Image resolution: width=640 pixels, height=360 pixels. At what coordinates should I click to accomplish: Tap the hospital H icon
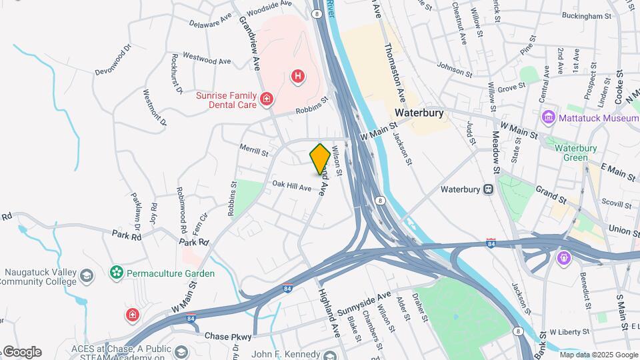tap(298, 77)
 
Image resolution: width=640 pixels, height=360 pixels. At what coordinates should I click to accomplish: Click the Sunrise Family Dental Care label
tap(225, 100)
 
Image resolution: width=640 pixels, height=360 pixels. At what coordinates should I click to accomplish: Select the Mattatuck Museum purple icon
tap(549, 118)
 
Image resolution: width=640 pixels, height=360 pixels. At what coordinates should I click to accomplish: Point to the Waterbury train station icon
tap(489, 189)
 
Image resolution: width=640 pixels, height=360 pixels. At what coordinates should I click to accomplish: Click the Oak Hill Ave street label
tap(291, 187)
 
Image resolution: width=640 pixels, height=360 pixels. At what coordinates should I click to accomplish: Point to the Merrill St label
tap(254, 152)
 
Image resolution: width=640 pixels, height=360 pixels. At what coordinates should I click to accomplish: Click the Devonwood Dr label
tap(113, 59)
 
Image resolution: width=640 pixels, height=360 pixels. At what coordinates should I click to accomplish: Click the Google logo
tap(21, 351)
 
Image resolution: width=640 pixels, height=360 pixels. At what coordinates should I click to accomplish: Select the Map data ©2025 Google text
tap(598, 355)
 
